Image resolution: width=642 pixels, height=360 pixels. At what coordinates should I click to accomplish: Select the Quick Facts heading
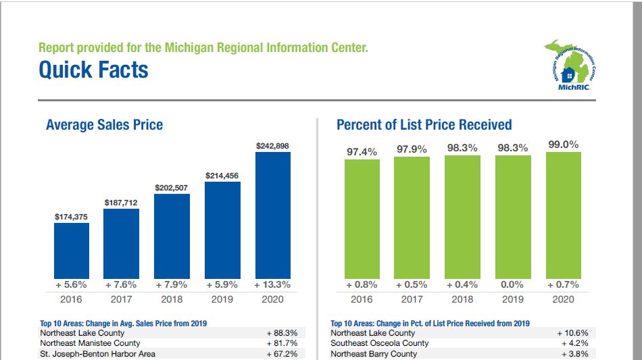coord(93,70)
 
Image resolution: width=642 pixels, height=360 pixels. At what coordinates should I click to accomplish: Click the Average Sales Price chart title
coord(104,125)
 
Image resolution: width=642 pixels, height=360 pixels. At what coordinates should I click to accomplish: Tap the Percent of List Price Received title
coord(424,125)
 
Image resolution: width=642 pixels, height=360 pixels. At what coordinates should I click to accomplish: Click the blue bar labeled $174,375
coord(72,249)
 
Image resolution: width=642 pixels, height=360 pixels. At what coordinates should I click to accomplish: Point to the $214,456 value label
coord(222,176)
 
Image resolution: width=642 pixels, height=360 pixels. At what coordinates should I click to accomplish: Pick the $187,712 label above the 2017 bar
coord(122,203)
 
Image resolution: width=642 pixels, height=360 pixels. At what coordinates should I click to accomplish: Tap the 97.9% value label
coord(412,149)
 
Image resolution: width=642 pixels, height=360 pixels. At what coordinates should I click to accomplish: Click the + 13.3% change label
coord(272,285)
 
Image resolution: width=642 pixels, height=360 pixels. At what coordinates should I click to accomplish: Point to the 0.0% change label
coord(513,285)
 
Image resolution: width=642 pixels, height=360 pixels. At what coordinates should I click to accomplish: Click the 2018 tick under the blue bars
coord(172,300)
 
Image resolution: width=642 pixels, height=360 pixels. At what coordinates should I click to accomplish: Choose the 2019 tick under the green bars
coord(513,300)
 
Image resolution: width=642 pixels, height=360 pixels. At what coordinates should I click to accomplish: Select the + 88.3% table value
coord(282,333)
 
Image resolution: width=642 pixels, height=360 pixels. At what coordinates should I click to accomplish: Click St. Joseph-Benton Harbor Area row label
coord(97,353)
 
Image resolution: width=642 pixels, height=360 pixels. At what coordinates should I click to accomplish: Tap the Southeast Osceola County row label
coord(379,343)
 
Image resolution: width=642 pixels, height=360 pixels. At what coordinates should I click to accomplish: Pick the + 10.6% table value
coord(572,333)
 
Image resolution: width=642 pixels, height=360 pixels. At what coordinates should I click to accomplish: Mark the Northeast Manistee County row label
coord(90,343)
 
